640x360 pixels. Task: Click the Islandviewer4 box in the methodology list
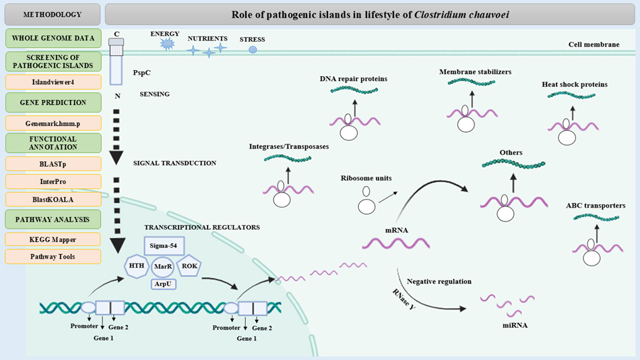tap(53, 82)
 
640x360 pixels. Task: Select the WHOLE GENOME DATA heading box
tap(53, 36)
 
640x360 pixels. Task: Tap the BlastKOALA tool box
tap(53, 199)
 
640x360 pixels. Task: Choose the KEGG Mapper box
tap(53, 239)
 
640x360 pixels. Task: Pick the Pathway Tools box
tap(53, 257)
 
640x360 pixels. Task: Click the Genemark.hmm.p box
tap(53, 123)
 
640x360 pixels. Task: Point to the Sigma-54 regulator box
tap(164, 246)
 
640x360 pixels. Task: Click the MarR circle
tap(164, 267)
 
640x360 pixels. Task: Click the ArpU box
tap(164, 284)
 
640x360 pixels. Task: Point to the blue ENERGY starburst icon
tap(166, 44)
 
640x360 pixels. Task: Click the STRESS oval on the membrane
tap(253, 49)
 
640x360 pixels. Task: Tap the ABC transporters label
tap(596, 206)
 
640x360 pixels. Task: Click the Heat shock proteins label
tap(574, 84)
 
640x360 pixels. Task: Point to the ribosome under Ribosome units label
tap(366, 203)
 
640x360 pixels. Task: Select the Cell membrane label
tap(593, 44)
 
